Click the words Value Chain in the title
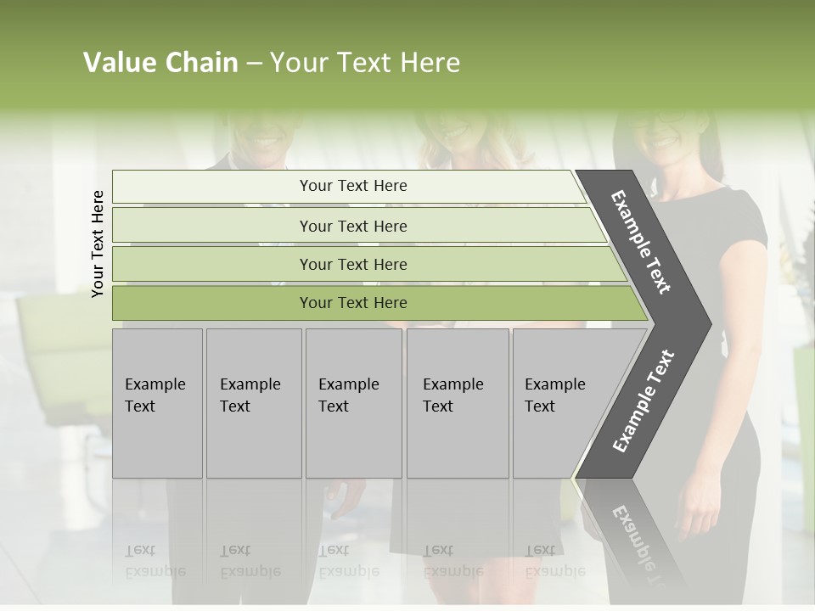(160, 63)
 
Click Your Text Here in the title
(365, 63)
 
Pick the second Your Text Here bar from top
(352, 226)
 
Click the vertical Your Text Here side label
(98, 244)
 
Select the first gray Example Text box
(157, 403)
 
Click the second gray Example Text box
(254, 403)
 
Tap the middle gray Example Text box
(353, 403)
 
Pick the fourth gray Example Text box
(458, 403)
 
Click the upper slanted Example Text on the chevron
(641, 242)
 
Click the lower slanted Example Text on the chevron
(644, 401)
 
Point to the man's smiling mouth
(265, 139)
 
